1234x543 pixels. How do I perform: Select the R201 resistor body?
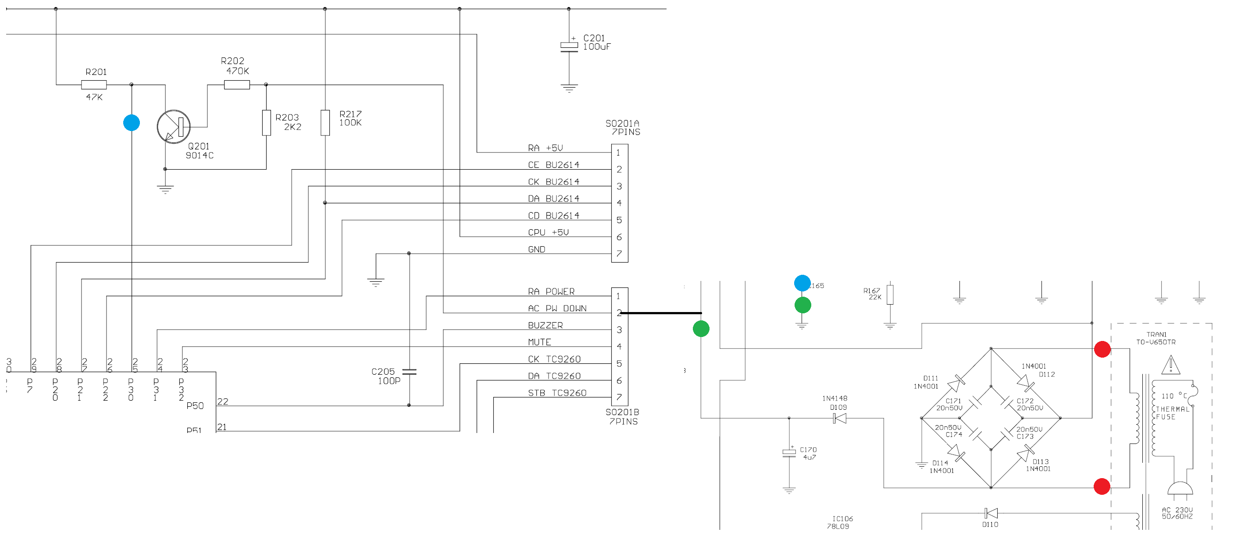pos(94,85)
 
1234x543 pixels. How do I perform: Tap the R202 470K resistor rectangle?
pos(237,85)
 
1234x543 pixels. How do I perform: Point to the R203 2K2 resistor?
pos(266,123)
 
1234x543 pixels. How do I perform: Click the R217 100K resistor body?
pos(325,123)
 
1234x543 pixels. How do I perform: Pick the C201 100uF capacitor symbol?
pos(569,46)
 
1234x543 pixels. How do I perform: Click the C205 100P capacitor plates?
pos(409,372)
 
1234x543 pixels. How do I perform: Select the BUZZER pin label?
pos(545,326)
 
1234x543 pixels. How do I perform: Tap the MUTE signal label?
pos(539,342)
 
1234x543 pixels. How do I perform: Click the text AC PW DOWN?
pos(557,309)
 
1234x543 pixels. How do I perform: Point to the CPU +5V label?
pos(548,233)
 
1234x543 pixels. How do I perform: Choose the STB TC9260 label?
pos(557,393)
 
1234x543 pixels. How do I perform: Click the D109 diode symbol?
pos(840,419)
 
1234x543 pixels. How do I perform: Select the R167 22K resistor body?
pos(890,295)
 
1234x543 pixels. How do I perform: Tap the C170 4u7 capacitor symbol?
pos(789,452)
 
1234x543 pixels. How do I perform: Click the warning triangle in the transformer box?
pos(1171,365)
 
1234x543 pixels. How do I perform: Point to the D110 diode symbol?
pos(991,513)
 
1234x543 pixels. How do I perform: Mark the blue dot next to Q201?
pos(131,123)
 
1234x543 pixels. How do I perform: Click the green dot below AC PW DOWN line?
pos(701,329)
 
